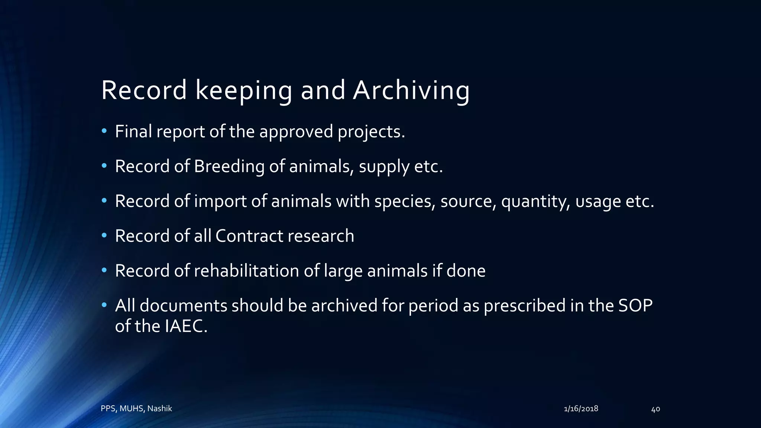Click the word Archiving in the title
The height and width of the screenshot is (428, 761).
coord(411,91)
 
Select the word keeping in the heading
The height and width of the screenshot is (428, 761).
coord(243,91)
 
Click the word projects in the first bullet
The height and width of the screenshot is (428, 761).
coord(371,132)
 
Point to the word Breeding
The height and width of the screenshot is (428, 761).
coord(229,166)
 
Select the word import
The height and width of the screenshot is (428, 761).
coord(220,201)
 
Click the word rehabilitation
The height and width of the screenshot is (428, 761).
coord(246,270)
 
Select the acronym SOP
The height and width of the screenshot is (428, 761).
coord(635,305)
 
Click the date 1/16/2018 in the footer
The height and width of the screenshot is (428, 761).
coord(581,409)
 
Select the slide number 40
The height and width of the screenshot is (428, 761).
coord(655,409)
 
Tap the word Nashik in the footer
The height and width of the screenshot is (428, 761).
coord(159,409)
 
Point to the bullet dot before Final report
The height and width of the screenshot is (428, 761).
coord(104,131)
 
